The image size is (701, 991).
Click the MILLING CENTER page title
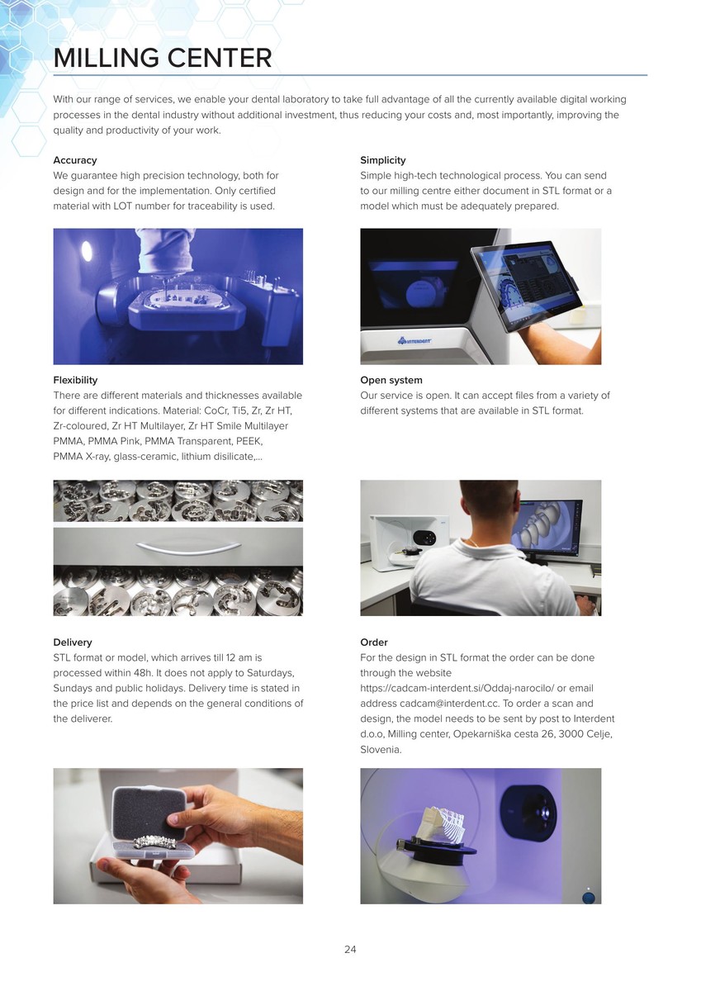pos(163,58)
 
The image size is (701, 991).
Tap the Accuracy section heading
pos(75,160)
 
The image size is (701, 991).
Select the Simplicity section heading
pos(382,160)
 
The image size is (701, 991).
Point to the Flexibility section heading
pos(75,380)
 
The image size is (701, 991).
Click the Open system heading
pos(391,380)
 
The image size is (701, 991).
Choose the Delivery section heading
pos(73,642)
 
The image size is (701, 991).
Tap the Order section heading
pos(374,642)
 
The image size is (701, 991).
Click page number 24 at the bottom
pos(350,950)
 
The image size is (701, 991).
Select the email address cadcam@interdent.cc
pos(449,704)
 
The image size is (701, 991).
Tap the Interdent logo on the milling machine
pos(414,340)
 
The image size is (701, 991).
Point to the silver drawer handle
pos(189,548)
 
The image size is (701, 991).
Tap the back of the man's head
pos(488,502)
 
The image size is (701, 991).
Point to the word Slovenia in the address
pos(381,750)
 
